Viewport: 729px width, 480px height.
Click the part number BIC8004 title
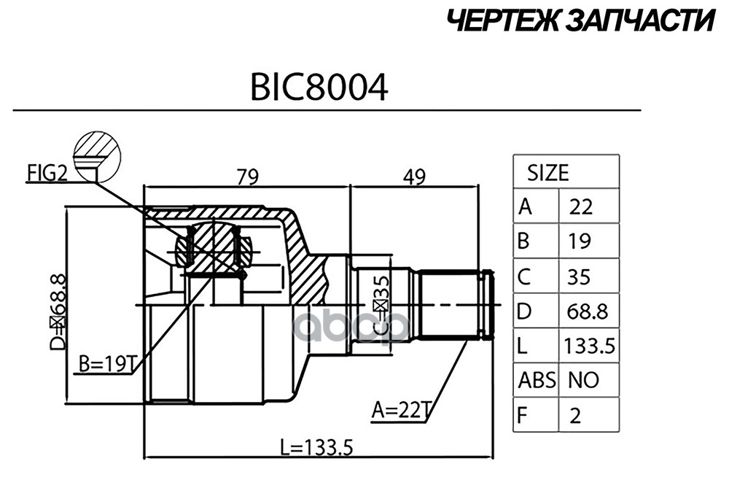click(319, 87)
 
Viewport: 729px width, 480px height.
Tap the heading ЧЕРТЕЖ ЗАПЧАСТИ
click(580, 21)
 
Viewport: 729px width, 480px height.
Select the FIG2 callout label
click(47, 174)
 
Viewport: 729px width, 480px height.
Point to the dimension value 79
click(247, 177)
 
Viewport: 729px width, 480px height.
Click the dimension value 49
click(414, 177)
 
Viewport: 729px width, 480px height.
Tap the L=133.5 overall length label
click(316, 448)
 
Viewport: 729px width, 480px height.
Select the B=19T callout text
click(106, 365)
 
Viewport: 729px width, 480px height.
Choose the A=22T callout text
click(400, 411)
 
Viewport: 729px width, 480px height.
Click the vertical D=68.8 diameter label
click(58, 311)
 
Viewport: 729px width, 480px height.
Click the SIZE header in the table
click(547, 173)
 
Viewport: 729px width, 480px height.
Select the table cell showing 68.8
click(587, 311)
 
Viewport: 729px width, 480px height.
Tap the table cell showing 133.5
click(589, 346)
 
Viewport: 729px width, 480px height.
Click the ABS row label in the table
click(537, 381)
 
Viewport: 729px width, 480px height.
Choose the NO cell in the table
click(583, 381)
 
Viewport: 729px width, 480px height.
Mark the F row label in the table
click(522, 415)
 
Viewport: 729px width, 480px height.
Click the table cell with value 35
click(579, 277)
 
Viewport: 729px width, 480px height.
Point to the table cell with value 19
click(579, 242)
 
